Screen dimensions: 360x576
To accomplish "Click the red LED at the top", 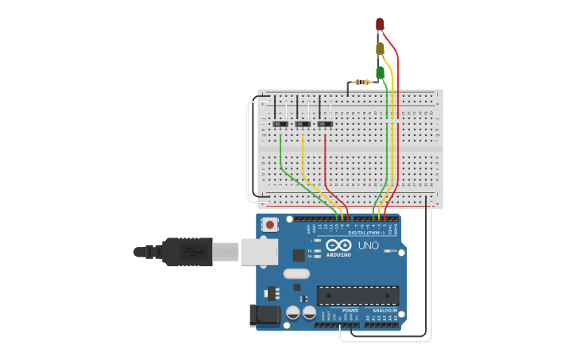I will click(380, 24).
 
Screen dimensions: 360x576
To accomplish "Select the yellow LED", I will click(380, 49).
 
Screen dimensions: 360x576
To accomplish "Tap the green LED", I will click(380, 73).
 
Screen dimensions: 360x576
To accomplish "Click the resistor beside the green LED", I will click(363, 82).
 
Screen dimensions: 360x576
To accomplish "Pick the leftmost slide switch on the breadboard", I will click(280, 124).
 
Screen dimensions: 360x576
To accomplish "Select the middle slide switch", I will click(302, 124).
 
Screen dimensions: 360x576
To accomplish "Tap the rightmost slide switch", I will click(324, 124).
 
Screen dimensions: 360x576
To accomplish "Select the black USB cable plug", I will click(187, 251).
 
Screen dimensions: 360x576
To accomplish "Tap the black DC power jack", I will click(265, 315).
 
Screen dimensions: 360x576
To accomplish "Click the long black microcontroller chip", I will click(358, 296).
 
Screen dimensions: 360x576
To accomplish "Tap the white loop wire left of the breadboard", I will click(248, 151).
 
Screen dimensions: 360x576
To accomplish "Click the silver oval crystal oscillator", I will click(296, 274).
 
